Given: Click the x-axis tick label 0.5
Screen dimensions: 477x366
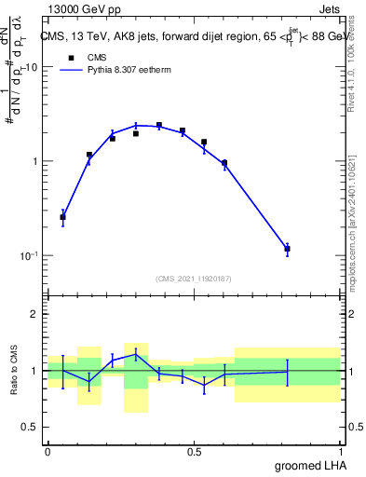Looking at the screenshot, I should tap(194, 452).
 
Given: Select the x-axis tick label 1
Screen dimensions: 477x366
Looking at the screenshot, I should tap(340, 452).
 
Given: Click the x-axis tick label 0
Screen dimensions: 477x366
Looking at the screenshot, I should tap(47, 452).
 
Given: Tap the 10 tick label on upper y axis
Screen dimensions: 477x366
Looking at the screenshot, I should tap(32, 67).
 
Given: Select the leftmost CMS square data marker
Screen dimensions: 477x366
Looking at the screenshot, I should tap(62, 217).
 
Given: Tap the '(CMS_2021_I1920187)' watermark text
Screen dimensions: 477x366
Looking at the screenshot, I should tap(194, 279).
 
